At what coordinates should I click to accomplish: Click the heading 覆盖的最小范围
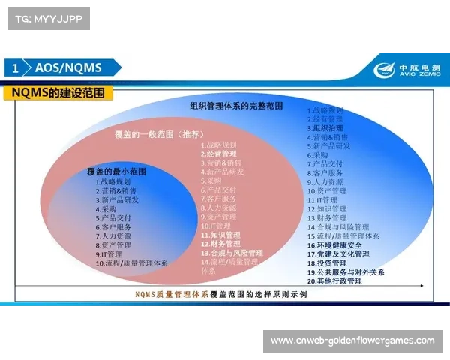click(116, 172)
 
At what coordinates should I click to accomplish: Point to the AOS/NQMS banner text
click(68, 67)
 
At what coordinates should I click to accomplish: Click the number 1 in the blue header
click(16, 67)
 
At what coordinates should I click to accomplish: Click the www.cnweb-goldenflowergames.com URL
click(352, 340)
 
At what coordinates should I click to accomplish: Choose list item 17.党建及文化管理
click(338, 254)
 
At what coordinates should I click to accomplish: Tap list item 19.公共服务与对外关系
click(345, 272)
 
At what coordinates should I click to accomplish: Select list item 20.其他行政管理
click(334, 281)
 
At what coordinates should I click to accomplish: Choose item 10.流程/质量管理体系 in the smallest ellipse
click(131, 263)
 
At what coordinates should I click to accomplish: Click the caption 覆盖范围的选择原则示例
click(259, 295)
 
